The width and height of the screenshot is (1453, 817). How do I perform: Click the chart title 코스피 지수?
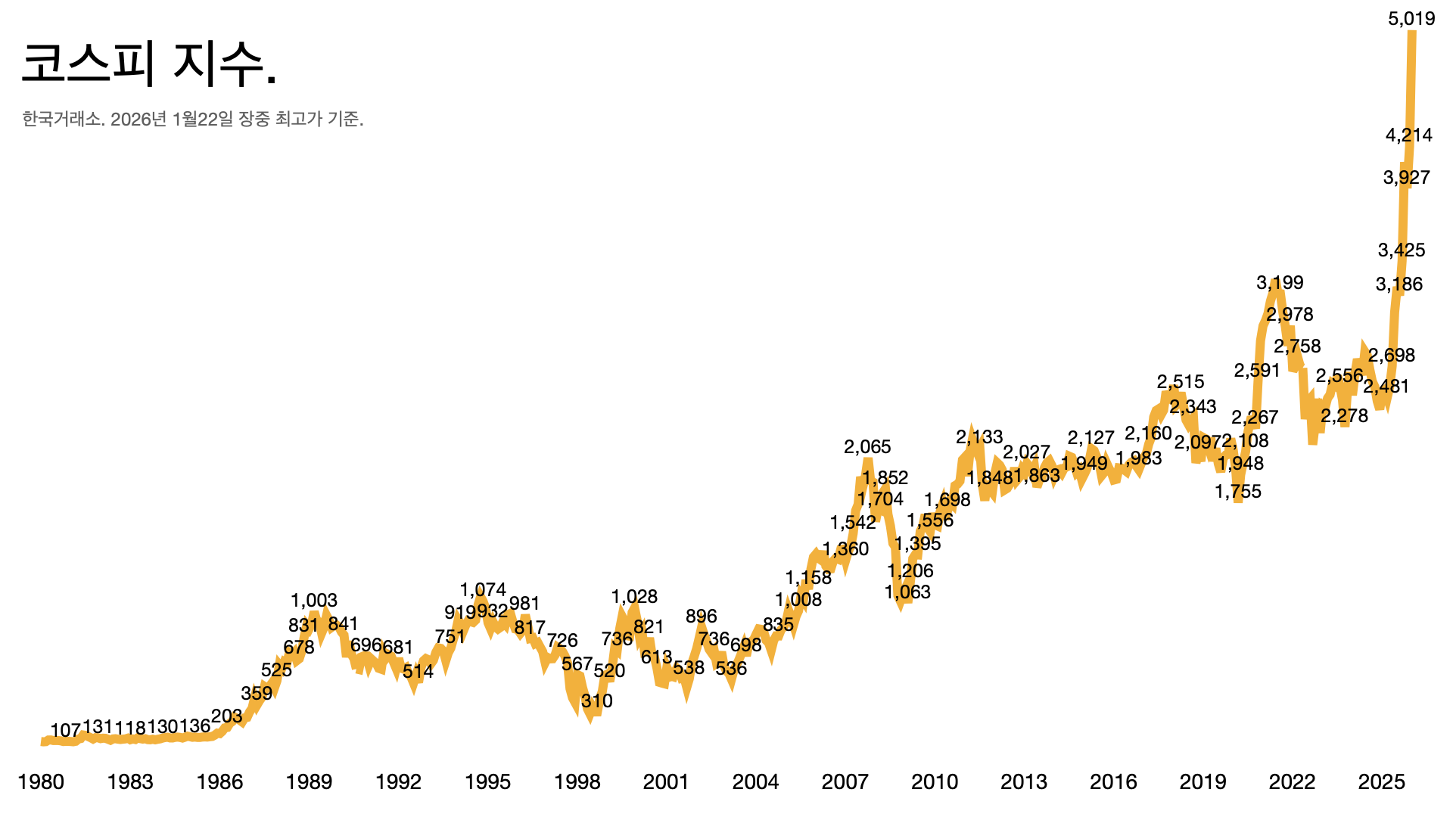point(149,64)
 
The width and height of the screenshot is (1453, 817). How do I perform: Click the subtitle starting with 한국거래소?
point(193,119)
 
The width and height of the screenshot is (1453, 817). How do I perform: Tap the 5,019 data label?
point(1411,19)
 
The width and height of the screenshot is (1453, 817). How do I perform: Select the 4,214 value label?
point(1408,135)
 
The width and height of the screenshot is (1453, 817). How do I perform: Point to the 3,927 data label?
point(1406,178)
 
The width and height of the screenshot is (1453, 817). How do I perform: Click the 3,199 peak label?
point(1280,283)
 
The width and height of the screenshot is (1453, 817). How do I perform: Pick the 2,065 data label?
point(867,447)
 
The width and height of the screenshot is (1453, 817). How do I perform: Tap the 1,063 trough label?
point(907,592)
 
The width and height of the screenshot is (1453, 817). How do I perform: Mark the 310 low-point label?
point(596,701)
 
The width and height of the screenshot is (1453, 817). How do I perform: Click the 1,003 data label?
point(313,601)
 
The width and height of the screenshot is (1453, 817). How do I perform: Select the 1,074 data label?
point(483,590)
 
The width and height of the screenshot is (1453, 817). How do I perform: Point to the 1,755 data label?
point(1238,492)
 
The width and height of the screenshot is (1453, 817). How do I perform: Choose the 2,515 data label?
point(1180,382)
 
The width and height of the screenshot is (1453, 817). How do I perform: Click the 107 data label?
point(65,731)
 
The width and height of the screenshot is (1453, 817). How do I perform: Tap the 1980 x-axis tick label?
point(41,782)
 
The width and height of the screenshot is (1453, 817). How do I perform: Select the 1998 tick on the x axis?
point(577,782)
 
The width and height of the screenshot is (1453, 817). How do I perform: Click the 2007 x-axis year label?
point(845,782)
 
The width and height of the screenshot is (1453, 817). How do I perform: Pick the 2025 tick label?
point(1381,782)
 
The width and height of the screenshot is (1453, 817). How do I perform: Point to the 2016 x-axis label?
point(1113,782)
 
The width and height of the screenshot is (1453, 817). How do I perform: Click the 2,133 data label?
point(979,437)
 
